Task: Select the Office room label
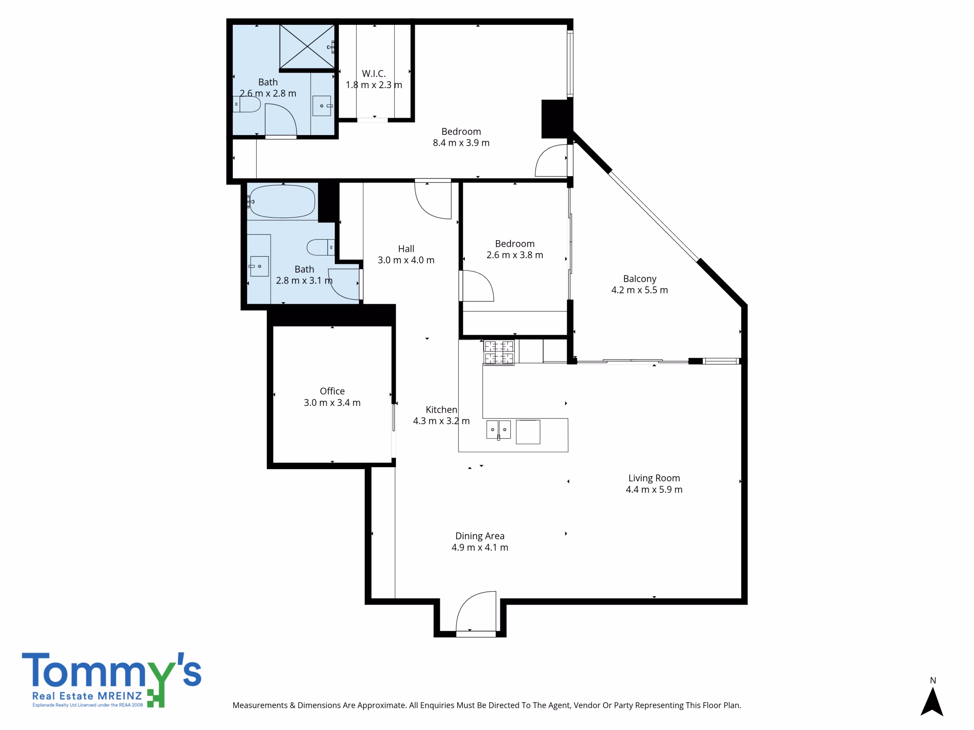click(332, 391)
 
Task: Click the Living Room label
click(654, 478)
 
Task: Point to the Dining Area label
click(479, 536)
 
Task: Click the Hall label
click(406, 249)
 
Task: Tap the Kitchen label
click(441, 409)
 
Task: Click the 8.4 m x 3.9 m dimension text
click(461, 143)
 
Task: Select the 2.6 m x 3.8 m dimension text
click(515, 255)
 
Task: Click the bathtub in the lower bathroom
click(282, 202)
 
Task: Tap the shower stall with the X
click(307, 47)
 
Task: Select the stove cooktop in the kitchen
click(499, 352)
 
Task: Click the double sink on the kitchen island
click(498, 430)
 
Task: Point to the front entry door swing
click(476, 612)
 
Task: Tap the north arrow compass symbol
click(932, 701)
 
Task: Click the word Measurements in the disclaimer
click(260, 705)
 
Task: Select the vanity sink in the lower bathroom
click(259, 266)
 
